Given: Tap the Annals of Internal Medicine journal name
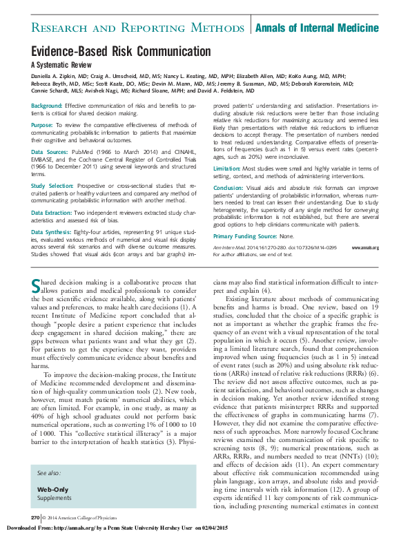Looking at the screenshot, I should [x=317, y=28].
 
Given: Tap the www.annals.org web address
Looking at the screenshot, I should [x=365, y=247].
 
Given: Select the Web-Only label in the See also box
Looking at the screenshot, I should [x=52, y=488].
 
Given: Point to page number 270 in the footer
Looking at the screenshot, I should [x=35, y=517].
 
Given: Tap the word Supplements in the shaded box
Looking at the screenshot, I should [x=55, y=497].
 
